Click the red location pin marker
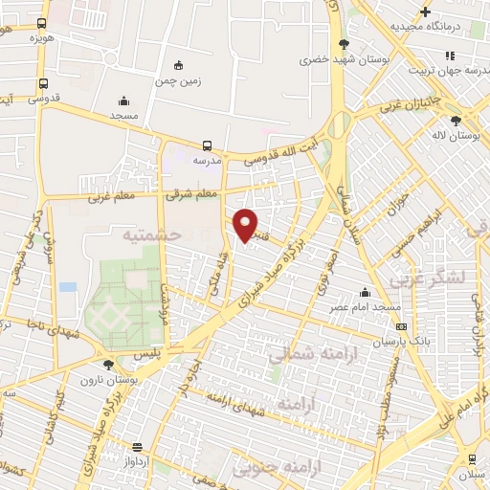[x=247, y=226]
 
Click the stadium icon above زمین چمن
[x=178, y=65]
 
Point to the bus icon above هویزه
[x=40, y=22]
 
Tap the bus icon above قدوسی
[x=40, y=83]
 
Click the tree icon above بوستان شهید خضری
[x=344, y=44]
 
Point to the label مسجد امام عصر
[x=366, y=307]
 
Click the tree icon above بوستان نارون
[x=108, y=365]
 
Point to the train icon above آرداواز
[x=138, y=446]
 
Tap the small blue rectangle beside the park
[x=67, y=286]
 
